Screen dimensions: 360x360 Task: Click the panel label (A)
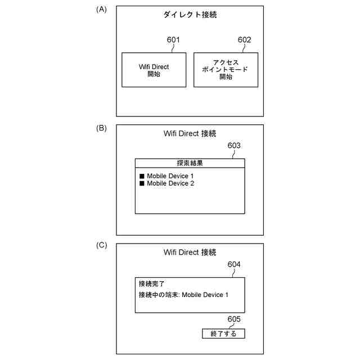pos(101,9)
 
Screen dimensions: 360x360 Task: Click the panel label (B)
pos(101,128)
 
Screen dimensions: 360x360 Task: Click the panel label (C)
pos(101,245)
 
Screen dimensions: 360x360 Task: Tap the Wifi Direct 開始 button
pos(154,70)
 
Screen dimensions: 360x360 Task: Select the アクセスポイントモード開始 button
pos(226,70)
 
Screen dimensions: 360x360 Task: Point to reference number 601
pos(173,40)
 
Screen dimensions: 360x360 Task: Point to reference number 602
pos(245,40)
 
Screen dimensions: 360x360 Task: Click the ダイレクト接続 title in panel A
pos(190,15)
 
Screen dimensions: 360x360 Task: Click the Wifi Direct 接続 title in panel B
pos(190,133)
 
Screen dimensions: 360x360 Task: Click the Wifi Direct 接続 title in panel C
pos(190,253)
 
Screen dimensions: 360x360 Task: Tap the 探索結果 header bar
pos(190,163)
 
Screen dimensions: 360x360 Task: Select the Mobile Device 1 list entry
pos(170,176)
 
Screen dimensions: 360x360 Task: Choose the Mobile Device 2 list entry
pos(170,183)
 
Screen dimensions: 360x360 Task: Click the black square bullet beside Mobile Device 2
pos(142,183)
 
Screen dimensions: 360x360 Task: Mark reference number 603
pos(234,146)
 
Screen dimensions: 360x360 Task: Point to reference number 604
pos(234,264)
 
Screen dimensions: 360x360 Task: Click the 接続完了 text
pos(152,284)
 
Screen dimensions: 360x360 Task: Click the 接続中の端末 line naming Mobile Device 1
pos(183,295)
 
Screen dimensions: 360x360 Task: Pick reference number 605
pos(234,319)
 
